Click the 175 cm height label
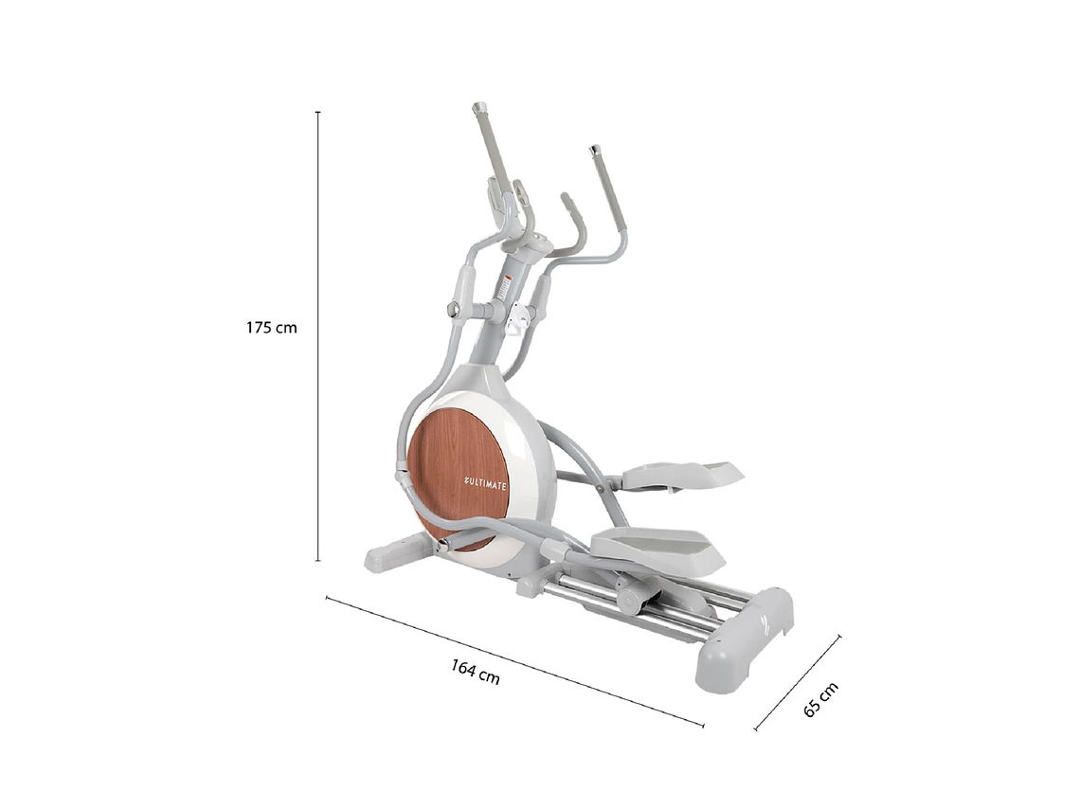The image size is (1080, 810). click(272, 328)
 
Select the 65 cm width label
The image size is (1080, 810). click(820, 699)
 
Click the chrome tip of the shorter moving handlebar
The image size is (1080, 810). click(595, 150)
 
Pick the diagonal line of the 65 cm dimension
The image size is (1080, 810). click(798, 683)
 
